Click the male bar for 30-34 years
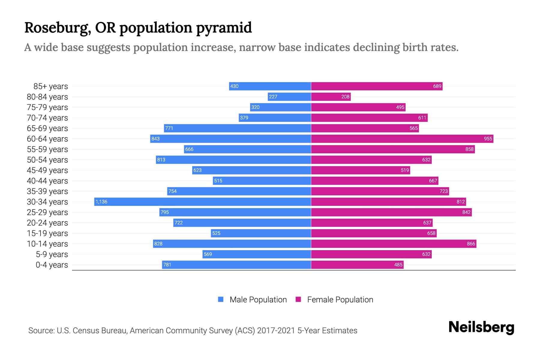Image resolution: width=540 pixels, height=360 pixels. [x=202, y=202]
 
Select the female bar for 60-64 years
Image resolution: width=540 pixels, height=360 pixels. [x=402, y=139]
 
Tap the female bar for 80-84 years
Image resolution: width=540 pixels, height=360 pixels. [x=331, y=97]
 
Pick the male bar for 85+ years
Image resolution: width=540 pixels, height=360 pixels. [x=270, y=86]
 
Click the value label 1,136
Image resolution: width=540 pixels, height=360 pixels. [x=101, y=202]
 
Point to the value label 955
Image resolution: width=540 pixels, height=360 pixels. [x=488, y=139]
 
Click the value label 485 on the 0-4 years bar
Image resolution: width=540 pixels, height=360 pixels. [x=398, y=265]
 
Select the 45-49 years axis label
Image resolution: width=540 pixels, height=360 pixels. [x=47, y=170]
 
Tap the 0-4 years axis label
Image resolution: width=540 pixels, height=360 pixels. [x=52, y=265]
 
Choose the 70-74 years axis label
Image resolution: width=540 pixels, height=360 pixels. [x=47, y=118]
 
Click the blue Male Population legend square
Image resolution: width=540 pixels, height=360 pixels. [x=221, y=299]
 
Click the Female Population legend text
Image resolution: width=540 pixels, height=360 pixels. [x=340, y=299]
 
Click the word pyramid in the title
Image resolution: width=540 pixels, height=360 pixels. [x=224, y=28]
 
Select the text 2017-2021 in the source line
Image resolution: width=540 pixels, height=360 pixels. [x=276, y=330]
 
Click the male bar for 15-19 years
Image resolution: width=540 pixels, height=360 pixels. [x=261, y=233]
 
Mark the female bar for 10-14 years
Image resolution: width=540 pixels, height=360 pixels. [x=394, y=244]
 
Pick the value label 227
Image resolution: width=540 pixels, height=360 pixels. [x=273, y=97]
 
